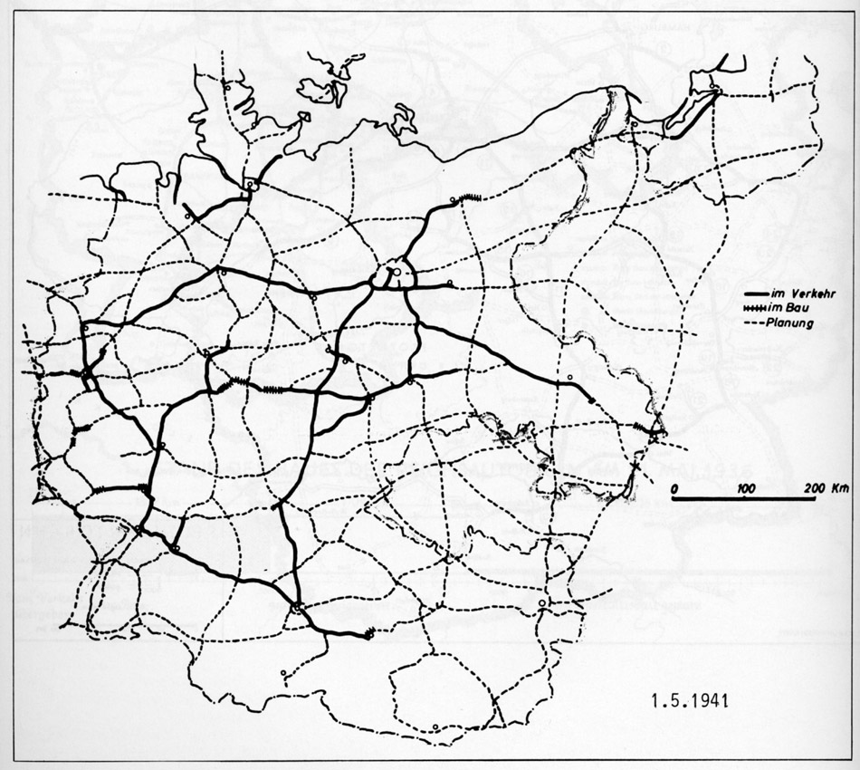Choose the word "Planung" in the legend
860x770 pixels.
click(789, 322)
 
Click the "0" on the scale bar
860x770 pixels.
click(674, 488)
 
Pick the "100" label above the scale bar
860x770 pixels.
click(746, 488)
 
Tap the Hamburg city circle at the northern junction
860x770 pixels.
click(249, 184)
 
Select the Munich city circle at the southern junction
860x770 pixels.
click(296, 606)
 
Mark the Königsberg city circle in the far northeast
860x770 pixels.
click(713, 87)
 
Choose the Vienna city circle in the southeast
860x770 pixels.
click(541, 603)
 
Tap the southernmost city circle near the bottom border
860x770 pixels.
click(435, 727)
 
